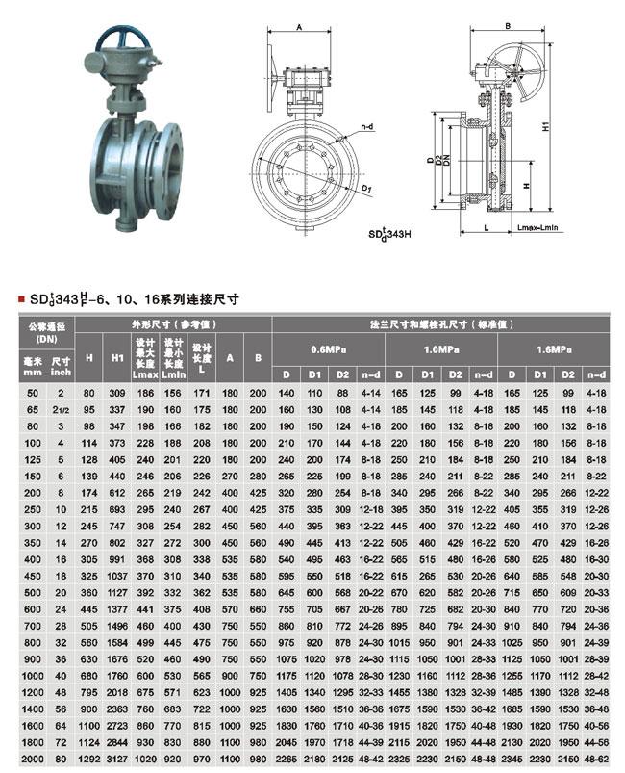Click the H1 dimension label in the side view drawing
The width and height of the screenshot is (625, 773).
(545, 126)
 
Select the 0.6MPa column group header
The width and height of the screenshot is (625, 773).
(328, 348)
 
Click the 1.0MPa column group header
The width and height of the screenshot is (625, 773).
(440, 348)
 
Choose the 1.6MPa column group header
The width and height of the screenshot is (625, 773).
(553, 348)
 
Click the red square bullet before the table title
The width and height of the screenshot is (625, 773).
(21, 300)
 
